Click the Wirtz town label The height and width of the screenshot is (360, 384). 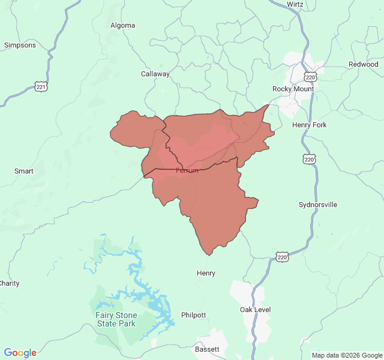295,4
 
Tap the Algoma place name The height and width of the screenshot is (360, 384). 123,25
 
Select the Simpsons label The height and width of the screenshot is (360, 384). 20,45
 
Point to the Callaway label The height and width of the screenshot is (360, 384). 155,74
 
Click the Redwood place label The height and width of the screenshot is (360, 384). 364,64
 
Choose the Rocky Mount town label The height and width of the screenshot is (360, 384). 293,89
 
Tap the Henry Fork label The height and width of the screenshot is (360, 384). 309,125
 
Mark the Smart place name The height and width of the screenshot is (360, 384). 24,171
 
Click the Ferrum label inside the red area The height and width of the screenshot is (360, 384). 187,171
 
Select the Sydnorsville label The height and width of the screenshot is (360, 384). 318,205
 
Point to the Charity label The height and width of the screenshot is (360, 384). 9,283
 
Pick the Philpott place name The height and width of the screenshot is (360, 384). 193,315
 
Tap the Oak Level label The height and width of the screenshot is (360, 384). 256,310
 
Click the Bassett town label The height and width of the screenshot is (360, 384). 207,349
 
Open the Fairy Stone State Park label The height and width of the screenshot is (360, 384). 116,319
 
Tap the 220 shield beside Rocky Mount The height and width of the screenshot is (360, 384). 310,77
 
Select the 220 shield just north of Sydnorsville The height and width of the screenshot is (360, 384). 308,159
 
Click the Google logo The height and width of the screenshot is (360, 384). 20,353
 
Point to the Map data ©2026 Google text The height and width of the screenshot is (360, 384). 347,355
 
